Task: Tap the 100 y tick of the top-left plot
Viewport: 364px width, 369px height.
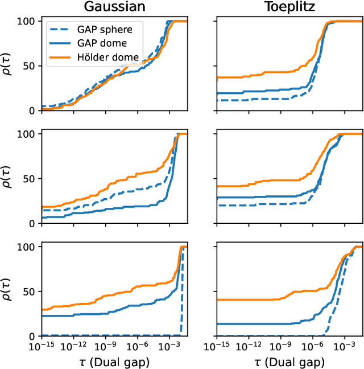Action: click(x=27, y=21)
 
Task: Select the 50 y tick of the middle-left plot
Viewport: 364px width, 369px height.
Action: click(x=30, y=178)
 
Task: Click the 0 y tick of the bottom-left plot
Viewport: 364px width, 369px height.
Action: click(x=32, y=336)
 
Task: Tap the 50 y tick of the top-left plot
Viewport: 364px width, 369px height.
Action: click(x=30, y=65)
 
